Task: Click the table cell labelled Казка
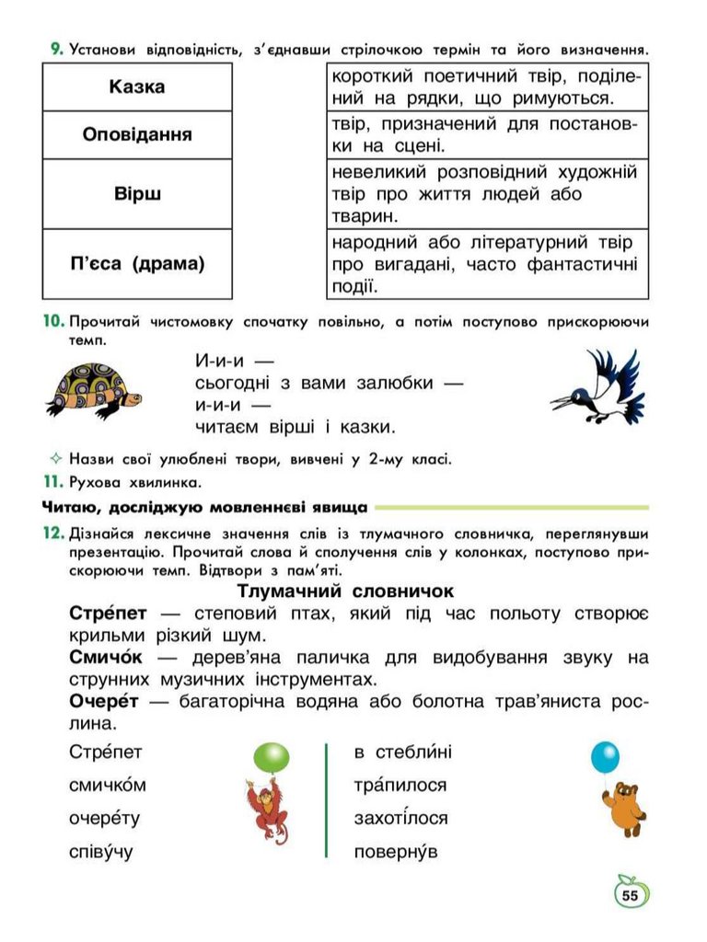(137, 87)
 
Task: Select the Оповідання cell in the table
(137, 135)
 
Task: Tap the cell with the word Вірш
(137, 194)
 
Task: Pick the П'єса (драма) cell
(137, 264)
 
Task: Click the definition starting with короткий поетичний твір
(487, 86)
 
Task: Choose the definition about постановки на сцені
(487, 134)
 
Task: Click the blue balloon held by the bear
(605, 757)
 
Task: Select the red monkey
(267, 809)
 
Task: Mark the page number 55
(630, 894)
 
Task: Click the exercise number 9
(57, 49)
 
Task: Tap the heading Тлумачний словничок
(346, 591)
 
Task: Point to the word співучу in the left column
(101, 851)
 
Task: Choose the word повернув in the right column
(396, 851)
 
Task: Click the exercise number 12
(52, 534)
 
